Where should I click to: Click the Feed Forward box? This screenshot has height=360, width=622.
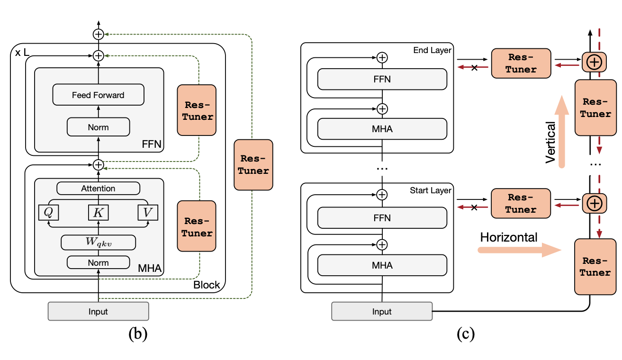click(98, 95)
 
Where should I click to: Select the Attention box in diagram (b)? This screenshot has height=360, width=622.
click(98, 189)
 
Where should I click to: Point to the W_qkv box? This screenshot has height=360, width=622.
click(98, 243)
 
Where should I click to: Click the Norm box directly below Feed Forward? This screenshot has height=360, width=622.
click(98, 127)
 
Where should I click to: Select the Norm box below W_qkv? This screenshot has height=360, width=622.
click(98, 262)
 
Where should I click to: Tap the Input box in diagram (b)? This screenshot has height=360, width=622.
click(98, 311)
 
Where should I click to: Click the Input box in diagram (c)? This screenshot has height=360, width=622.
click(382, 311)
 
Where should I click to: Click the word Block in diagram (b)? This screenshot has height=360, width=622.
click(207, 285)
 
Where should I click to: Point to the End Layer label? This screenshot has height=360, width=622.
click(432, 50)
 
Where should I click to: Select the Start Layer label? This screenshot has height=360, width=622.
click(431, 190)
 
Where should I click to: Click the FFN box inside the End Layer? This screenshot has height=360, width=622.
click(382, 79)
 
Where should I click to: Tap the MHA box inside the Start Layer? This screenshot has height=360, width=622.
click(382, 265)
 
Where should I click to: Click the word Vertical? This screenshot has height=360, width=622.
click(550, 142)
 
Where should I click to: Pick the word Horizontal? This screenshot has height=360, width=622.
click(509, 237)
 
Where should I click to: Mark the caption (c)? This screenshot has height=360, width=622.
click(465, 334)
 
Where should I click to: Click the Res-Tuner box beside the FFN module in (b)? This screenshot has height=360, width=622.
click(196, 110)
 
